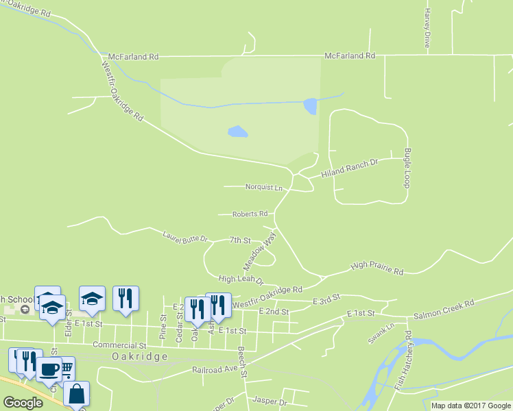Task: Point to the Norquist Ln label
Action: tap(264, 187)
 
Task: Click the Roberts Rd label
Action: tap(249, 214)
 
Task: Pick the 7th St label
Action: tap(240, 240)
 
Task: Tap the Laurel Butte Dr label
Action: tap(184, 238)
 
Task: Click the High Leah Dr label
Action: tap(241, 279)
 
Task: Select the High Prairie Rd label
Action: tap(377, 268)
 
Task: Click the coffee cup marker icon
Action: tap(48, 369)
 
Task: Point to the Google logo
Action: tap(23, 403)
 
